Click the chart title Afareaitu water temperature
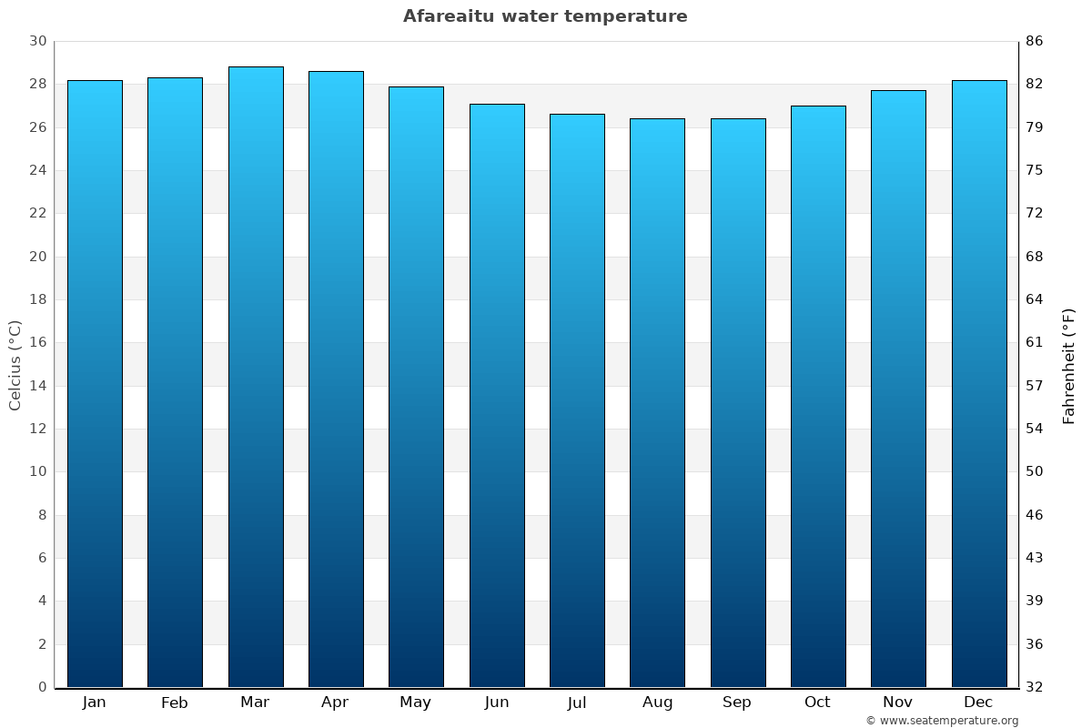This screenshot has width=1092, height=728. [x=545, y=16]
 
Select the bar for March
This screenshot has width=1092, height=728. [x=256, y=377]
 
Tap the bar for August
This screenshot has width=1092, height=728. [x=657, y=402]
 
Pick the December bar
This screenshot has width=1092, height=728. [x=978, y=383]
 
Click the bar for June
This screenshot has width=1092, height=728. [x=497, y=395]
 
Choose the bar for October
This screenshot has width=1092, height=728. [x=818, y=396]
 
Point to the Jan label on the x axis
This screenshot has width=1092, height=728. [x=95, y=703]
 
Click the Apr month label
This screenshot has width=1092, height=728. [x=336, y=703]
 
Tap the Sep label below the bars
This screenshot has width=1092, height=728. [x=737, y=703]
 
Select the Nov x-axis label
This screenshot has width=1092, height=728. [x=898, y=703]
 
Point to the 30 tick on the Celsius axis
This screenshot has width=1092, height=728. [x=37, y=41]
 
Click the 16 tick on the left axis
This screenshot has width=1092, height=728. [x=37, y=342]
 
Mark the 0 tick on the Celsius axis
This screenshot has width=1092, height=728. [x=42, y=687]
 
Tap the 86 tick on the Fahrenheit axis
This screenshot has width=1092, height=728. [x=1035, y=41]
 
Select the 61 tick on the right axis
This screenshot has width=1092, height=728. [x=1035, y=342]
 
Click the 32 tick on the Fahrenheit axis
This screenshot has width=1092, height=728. [x=1035, y=687]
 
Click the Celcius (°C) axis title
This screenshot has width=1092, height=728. [x=15, y=365]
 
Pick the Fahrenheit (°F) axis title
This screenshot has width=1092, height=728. [x=1069, y=365]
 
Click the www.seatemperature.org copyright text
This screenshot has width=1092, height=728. [x=942, y=721]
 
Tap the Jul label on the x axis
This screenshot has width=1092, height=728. [x=577, y=703]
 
